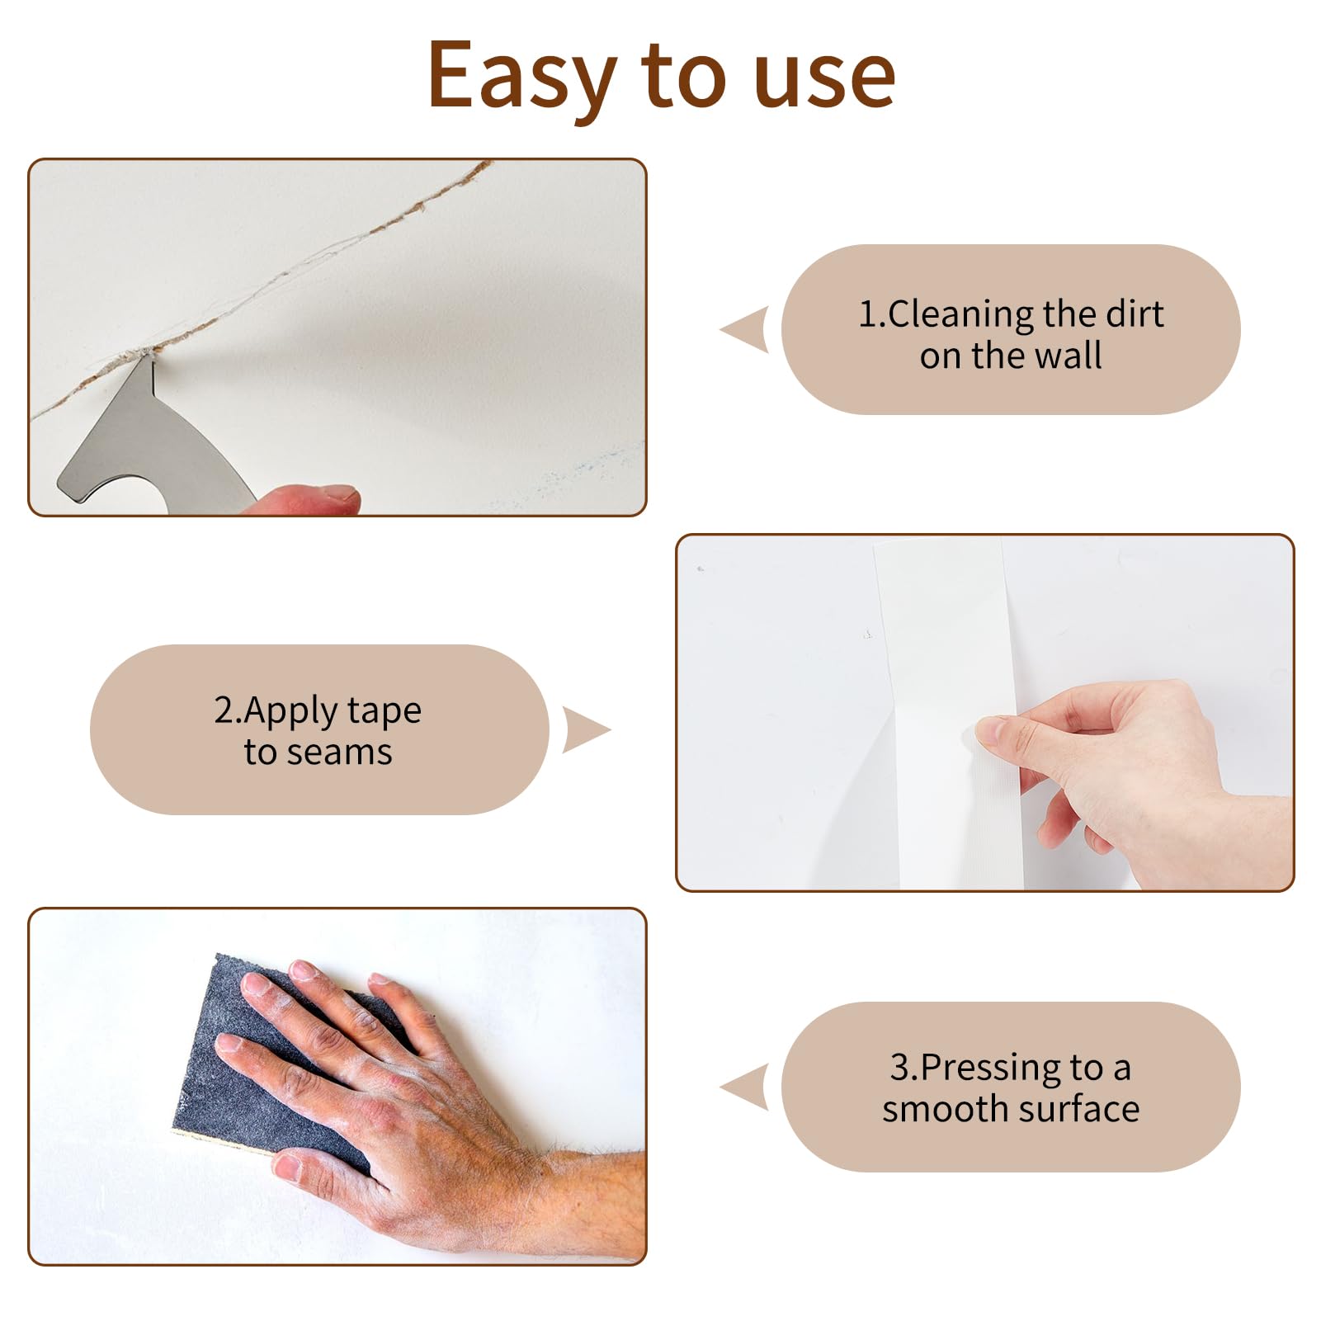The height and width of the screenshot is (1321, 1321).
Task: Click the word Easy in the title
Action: [522, 76]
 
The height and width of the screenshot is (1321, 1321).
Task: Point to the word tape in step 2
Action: [385, 711]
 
